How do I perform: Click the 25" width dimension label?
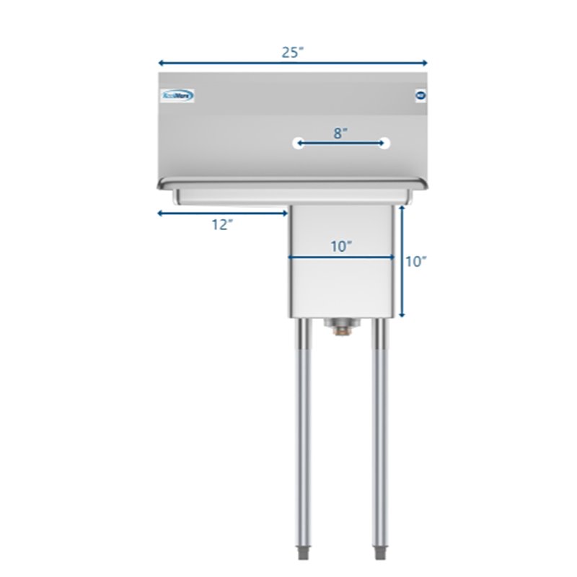[x=292, y=51]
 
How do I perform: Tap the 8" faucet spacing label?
[x=341, y=132]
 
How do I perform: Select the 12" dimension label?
[x=222, y=224]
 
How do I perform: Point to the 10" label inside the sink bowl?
[x=341, y=246]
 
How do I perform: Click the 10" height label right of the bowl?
[x=416, y=262]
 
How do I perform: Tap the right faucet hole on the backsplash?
[x=385, y=144]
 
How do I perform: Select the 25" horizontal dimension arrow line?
[x=292, y=63]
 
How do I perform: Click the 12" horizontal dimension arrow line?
[x=222, y=213]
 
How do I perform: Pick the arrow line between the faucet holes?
[x=341, y=144]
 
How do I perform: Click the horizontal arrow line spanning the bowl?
[x=341, y=257]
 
